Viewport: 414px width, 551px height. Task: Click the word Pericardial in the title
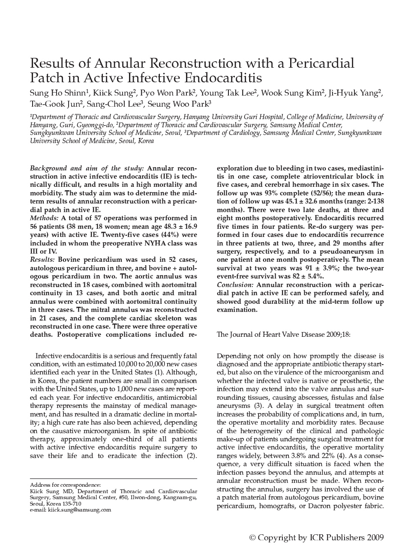(321, 63)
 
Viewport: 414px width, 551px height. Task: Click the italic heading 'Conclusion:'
(235, 285)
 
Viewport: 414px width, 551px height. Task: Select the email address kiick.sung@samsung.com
(79, 510)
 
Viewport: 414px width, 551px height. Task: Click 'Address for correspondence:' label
(65, 485)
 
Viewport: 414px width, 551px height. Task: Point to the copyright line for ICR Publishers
(316, 538)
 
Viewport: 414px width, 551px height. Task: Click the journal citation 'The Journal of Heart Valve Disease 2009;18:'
(283, 334)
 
